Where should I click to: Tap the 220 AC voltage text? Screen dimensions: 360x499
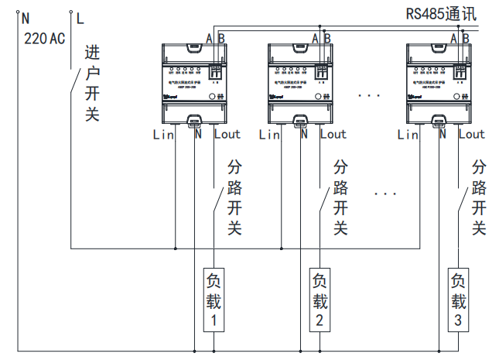coord(45,38)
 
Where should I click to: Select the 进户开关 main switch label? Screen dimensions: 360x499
coord(92,84)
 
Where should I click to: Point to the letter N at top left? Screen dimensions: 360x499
coord(25,16)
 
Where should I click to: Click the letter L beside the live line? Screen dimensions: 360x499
coord(80,16)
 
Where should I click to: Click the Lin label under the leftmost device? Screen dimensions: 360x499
coord(163,135)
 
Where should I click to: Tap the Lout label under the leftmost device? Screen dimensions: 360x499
coord(227,135)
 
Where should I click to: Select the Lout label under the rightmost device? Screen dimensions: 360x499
coord(471,135)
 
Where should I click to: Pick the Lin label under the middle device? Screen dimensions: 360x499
coord(269,135)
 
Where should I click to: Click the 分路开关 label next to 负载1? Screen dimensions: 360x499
coord(234,198)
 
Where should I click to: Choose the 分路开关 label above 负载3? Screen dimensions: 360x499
coord(479,198)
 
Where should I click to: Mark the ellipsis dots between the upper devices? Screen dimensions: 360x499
coord(370,96)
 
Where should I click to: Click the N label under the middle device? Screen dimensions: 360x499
coord(304,135)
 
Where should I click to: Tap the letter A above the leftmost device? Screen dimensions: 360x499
coord(209,38)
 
